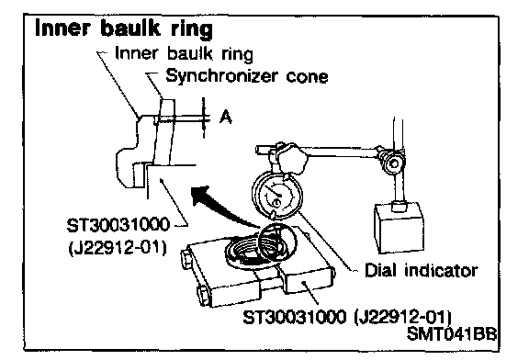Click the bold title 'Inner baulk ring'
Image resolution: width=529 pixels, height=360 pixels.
124,28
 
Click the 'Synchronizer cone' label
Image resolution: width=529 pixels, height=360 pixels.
247,76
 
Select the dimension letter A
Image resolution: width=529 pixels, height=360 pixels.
226,117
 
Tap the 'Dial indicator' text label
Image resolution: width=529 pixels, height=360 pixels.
421,271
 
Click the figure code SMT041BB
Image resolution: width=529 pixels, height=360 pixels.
452,334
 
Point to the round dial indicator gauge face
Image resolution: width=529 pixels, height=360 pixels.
277,194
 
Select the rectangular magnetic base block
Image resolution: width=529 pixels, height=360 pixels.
399,228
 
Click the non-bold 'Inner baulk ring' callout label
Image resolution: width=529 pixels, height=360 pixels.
184,54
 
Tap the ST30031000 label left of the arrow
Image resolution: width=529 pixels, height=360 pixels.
118,225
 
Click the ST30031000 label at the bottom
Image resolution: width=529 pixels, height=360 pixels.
295,317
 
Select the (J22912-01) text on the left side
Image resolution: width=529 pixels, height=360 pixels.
118,249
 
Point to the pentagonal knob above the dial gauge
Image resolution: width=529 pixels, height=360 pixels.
291,157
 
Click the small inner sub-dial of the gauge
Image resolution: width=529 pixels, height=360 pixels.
276,203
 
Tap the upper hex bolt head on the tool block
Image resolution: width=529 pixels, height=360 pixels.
186,257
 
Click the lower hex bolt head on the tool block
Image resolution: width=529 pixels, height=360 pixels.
203,295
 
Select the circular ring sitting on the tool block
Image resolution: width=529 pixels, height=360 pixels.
278,242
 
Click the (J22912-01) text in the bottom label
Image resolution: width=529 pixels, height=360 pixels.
402,318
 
